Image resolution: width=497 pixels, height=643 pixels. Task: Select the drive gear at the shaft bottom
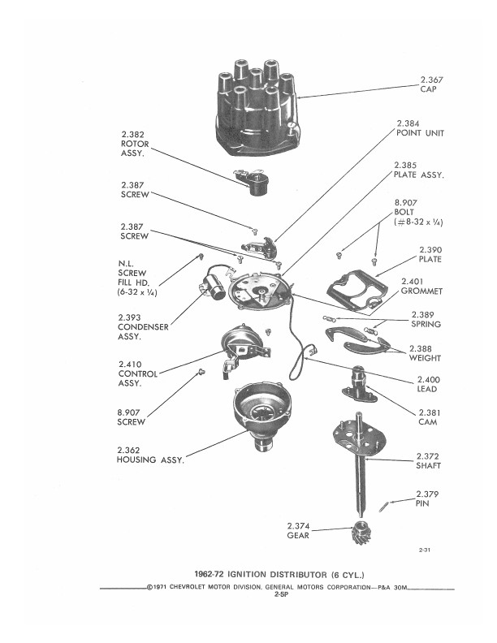361,533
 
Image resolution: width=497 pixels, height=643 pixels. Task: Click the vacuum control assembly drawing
243,350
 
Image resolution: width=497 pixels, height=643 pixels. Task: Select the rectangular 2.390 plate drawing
357,291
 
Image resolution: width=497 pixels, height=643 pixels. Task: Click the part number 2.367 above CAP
431,80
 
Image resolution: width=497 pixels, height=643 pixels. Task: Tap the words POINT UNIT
420,133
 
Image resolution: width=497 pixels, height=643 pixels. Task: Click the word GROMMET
421,291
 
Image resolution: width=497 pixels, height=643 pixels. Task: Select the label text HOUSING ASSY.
150,460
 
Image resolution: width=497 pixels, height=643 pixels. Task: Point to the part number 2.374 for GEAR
298,526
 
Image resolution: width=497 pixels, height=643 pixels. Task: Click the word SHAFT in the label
428,466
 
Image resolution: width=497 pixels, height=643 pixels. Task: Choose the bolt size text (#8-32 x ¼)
418,222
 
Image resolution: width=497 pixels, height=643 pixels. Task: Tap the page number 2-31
425,550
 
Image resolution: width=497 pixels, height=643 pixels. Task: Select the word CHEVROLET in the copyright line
187,587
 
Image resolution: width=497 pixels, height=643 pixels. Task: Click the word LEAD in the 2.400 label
427,389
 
